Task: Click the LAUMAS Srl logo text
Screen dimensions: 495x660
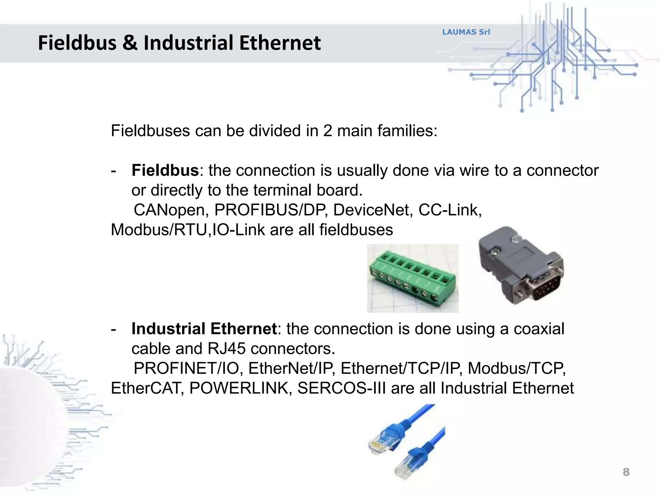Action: tap(466, 32)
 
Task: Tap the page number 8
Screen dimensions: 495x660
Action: tap(626, 472)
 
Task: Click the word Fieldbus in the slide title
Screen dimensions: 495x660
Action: tap(77, 43)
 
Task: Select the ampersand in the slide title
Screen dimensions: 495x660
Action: tap(130, 43)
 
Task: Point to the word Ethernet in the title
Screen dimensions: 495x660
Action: tap(280, 43)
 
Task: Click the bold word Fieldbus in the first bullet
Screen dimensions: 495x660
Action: tap(165, 170)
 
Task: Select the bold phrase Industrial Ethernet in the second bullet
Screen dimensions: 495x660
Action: tap(204, 329)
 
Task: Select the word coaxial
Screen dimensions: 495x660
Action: tap(539, 329)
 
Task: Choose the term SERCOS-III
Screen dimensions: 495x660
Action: tap(341, 388)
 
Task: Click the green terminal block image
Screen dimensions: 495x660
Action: tap(412, 278)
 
